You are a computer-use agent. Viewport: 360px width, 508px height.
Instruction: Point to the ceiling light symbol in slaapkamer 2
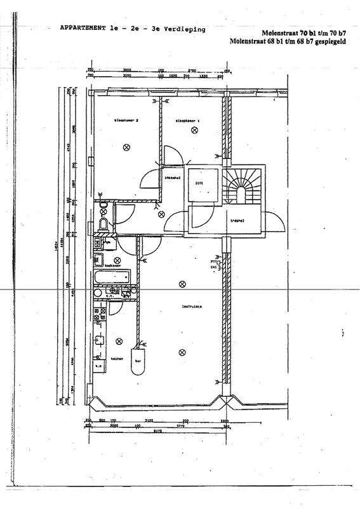point(126,147)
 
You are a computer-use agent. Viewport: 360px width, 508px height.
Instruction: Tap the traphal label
point(237,221)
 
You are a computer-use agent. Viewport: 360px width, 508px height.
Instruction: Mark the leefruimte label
point(191,307)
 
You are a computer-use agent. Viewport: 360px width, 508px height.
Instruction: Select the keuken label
point(116,359)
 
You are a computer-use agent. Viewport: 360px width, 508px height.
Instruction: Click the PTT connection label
point(214,261)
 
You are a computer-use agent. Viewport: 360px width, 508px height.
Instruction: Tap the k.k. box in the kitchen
point(99,366)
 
